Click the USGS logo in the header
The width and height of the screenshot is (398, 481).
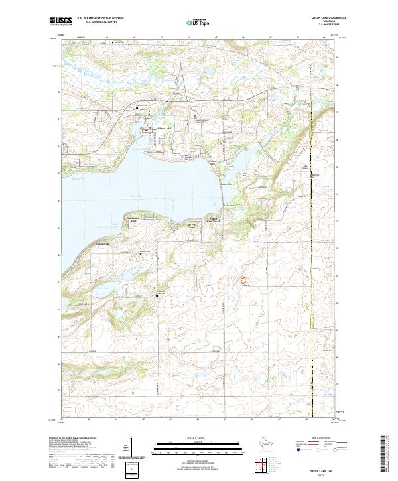pos(60,21)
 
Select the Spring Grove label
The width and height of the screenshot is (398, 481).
pos(191,226)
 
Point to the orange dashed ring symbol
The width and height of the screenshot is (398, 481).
pos(243,281)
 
